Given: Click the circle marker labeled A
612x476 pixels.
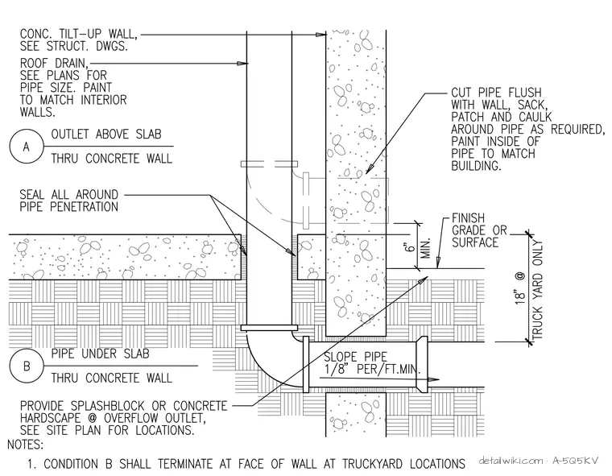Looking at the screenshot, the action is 26,147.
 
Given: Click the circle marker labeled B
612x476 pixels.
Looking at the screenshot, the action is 26,366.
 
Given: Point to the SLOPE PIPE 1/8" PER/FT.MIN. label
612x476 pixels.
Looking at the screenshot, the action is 372,362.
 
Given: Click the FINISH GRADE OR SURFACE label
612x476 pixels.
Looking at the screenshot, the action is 479,230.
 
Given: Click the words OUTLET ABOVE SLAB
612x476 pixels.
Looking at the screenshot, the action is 106,135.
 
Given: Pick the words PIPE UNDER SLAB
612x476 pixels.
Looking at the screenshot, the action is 101,354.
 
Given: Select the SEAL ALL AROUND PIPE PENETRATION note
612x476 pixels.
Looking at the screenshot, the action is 69,201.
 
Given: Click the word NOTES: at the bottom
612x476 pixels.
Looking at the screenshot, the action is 26,445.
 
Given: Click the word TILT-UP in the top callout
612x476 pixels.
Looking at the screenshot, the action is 78,34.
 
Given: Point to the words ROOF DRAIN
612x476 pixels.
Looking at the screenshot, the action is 54,64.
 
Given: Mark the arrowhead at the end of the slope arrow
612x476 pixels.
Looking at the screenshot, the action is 433,379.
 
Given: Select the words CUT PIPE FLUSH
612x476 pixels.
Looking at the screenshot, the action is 497,93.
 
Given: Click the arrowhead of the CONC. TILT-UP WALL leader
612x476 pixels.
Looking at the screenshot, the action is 320,35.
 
